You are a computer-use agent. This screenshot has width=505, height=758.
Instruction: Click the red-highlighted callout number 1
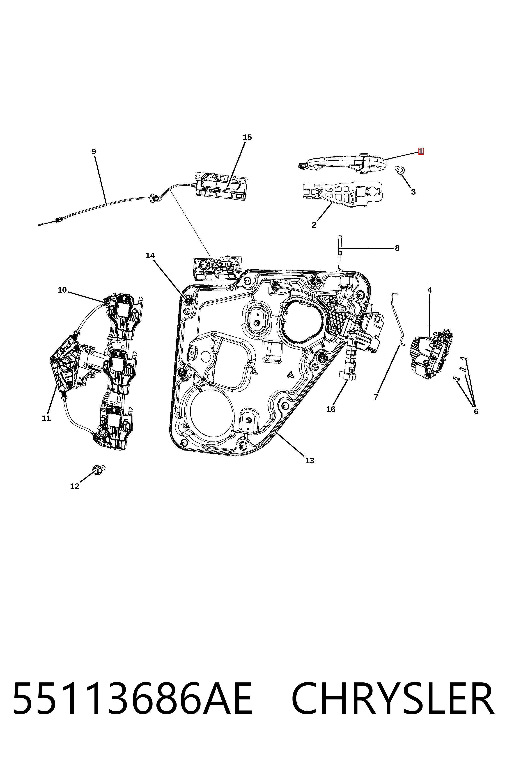421,151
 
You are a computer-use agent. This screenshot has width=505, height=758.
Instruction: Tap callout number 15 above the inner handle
247,137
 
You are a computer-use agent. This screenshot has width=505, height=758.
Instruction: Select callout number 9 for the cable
94,151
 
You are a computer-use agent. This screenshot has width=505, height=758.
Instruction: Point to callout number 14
150,256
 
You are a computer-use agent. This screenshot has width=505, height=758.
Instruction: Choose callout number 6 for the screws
476,411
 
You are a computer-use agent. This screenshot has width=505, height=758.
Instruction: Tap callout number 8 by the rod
397,248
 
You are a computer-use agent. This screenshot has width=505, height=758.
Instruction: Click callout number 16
331,409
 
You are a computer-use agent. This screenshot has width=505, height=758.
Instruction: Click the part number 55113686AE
132,703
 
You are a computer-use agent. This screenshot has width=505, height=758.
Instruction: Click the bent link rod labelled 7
399,319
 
